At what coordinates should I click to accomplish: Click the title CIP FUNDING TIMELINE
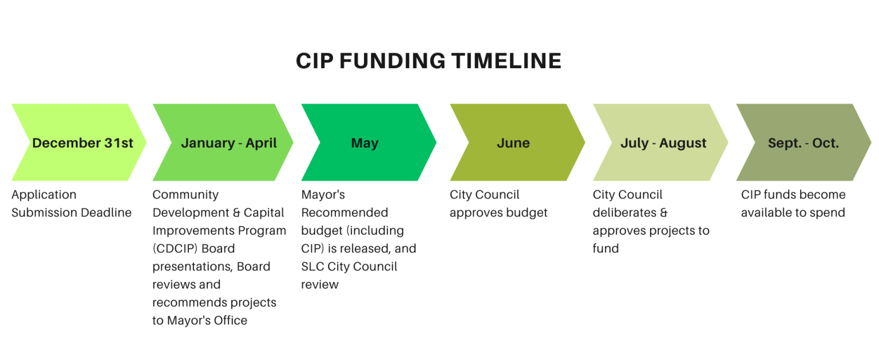pyautogui.click(x=428, y=61)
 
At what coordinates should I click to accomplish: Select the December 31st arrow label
pyautogui.click(x=82, y=143)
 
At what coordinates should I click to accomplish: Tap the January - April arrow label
pyautogui.click(x=229, y=143)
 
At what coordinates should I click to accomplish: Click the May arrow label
pyautogui.click(x=365, y=143)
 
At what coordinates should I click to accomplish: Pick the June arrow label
pyautogui.click(x=513, y=143)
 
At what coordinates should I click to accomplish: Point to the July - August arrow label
pyautogui.click(x=663, y=143)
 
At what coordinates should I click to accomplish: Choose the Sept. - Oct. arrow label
pyautogui.click(x=803, y=143)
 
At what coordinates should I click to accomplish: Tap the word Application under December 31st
pyautogui.click(x=43, y=195)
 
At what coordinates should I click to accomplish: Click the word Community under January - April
pyautogui.click(x=185, y=195)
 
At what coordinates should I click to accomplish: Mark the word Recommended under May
pyautogui.click(x=345, y=213)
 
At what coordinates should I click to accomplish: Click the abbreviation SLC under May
pyautogui.click(x=312, y=267)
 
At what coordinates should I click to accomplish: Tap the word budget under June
pyautogui.click(x=526, y=213)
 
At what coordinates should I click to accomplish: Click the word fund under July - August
pyautogui.click(x=605, y=248)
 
